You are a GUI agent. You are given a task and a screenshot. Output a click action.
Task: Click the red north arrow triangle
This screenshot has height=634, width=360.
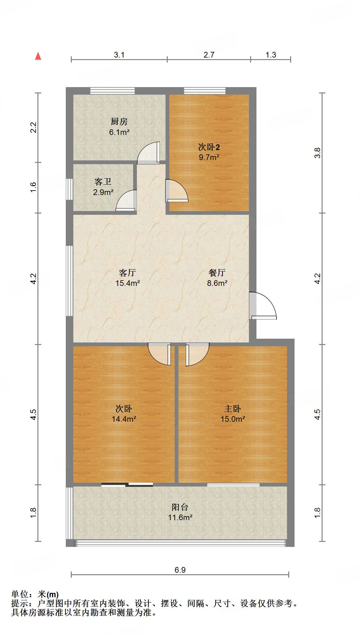tap(38, 56)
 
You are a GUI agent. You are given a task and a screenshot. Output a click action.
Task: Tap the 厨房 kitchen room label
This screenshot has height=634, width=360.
tap(119, 121)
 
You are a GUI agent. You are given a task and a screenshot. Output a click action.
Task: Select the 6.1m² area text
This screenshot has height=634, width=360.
tap(119, 132)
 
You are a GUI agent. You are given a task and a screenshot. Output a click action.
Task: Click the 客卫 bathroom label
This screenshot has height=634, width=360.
tap(103, 181)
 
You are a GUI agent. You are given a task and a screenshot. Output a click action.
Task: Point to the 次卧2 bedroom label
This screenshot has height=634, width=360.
tap(209, 147)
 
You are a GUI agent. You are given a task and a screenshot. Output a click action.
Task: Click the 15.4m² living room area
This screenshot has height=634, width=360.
tap(127, 283)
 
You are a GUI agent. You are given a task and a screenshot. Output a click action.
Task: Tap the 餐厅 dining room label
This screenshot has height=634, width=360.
tap(217, 272)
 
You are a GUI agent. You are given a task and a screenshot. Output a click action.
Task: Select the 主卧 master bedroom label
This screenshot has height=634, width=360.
tap(233, 409)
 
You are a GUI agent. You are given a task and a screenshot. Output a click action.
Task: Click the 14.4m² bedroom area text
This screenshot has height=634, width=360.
tap(124, 419)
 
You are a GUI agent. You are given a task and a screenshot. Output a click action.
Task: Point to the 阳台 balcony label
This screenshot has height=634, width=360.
tap(180, 507)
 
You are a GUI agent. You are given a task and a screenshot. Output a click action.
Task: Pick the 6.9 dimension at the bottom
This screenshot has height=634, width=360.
tap(180, 570)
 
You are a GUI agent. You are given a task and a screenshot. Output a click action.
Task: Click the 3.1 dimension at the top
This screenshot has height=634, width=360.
tap(119, 55)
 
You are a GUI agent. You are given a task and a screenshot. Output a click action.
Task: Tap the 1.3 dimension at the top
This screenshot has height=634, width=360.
tap(271, 55)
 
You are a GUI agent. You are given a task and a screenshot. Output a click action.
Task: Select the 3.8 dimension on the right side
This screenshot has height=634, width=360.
tap(317, 153)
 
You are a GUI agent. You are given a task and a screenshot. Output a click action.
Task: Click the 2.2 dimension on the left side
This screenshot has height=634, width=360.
tap(33, 127)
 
